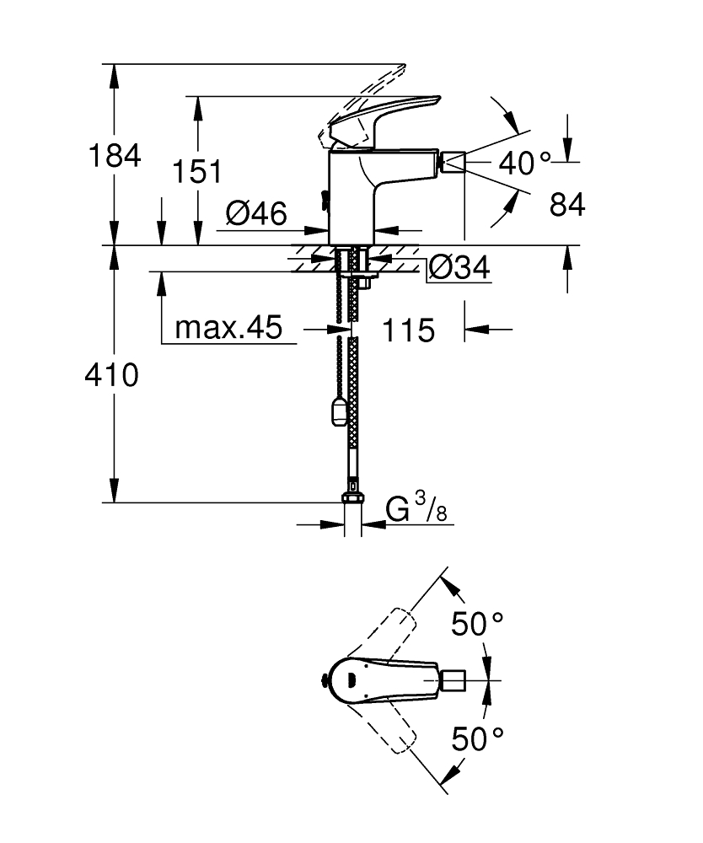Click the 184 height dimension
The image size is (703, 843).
pos(116,156)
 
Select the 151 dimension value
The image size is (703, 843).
pos(196,171)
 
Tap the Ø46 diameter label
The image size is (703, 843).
pos(256,213)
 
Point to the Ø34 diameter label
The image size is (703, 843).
pos(459,268)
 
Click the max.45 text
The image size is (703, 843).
pos(228,328)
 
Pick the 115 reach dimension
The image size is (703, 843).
pos(409,330)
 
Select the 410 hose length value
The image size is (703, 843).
pos(110,375)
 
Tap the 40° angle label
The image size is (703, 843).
pos(523,163)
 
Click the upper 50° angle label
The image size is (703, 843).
pos(476,625)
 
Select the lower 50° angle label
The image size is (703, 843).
pos(476,739)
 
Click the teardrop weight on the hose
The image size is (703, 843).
pos(339,413)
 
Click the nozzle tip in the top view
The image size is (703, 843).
pos(453,679)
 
